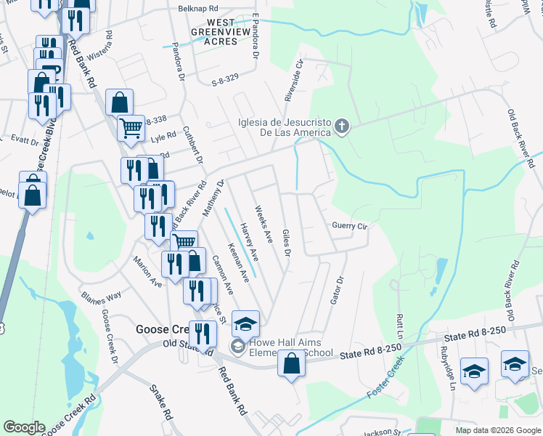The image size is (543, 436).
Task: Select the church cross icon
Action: tap(342, 128)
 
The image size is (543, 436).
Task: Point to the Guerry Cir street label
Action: tap(351, 226)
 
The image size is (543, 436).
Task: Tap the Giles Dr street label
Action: tap(287, 242)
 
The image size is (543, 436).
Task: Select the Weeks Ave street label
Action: tap(264, 225)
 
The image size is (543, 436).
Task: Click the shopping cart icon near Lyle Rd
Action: tap(131, 128)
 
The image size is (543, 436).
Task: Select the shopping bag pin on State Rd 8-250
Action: tap(291, 363)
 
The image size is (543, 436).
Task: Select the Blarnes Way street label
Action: tap(101, 296)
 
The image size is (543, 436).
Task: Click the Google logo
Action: tap(24, 427)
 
